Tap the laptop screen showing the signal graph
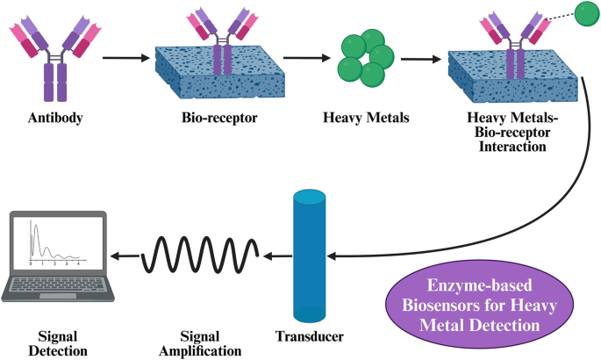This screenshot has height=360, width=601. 56,243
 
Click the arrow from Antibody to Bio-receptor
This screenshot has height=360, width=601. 128,60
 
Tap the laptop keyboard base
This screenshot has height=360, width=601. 58,286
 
